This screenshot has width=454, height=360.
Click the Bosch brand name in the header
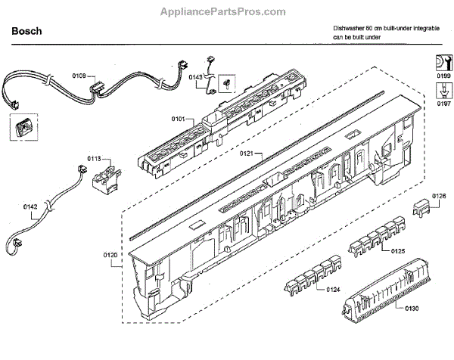click(x=26, y=32)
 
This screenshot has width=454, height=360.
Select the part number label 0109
click(x=79, y=76)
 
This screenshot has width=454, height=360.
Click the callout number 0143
click(x=195, y=77)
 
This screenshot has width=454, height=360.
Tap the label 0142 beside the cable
click(x=30, y=216)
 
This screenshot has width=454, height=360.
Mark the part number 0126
click(x=439, y=197)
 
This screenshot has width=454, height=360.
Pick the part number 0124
click(x=332, y=290)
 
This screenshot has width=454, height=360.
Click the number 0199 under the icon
click(x=443, y=77)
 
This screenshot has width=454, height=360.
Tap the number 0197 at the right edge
click(x=443, y=104)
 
